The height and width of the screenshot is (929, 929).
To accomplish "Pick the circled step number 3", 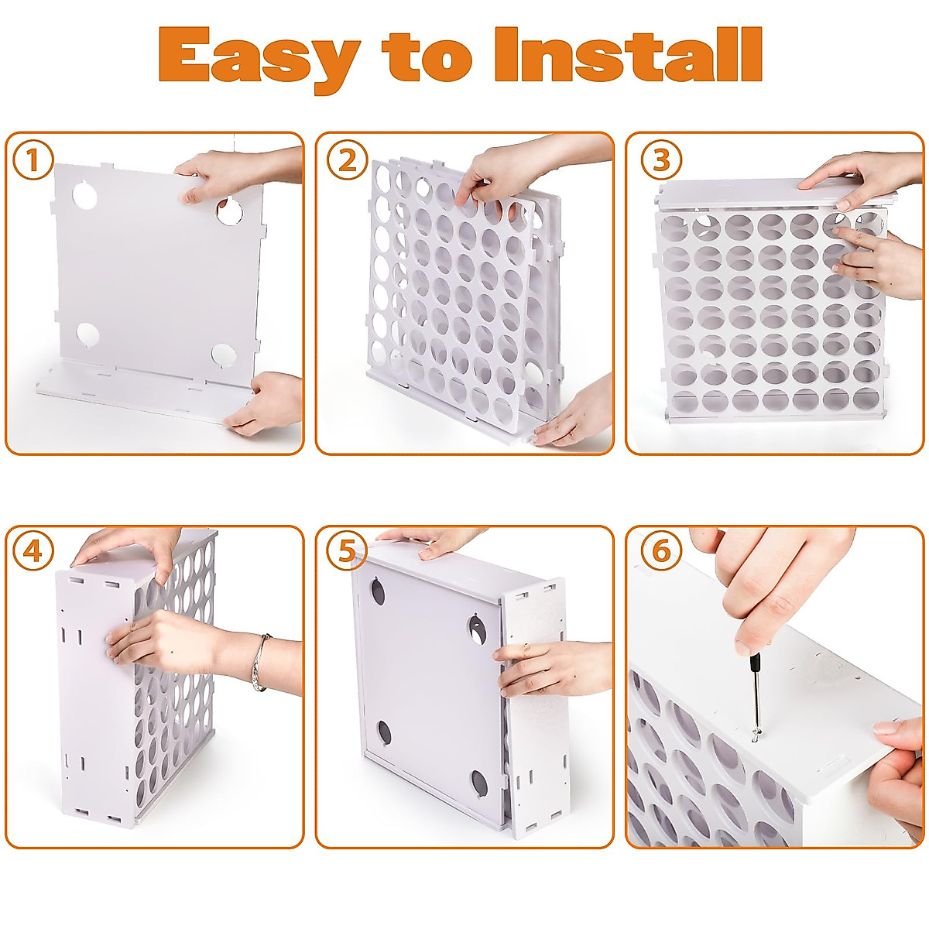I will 660,160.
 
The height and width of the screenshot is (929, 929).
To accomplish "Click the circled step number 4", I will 33,551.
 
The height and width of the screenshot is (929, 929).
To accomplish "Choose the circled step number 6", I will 660,551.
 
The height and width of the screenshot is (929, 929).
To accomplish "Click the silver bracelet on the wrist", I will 261,662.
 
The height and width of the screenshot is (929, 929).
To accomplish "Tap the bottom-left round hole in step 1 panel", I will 87,335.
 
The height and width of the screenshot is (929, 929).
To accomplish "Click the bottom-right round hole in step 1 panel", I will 223,355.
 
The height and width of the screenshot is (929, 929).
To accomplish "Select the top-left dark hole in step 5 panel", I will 380,593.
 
